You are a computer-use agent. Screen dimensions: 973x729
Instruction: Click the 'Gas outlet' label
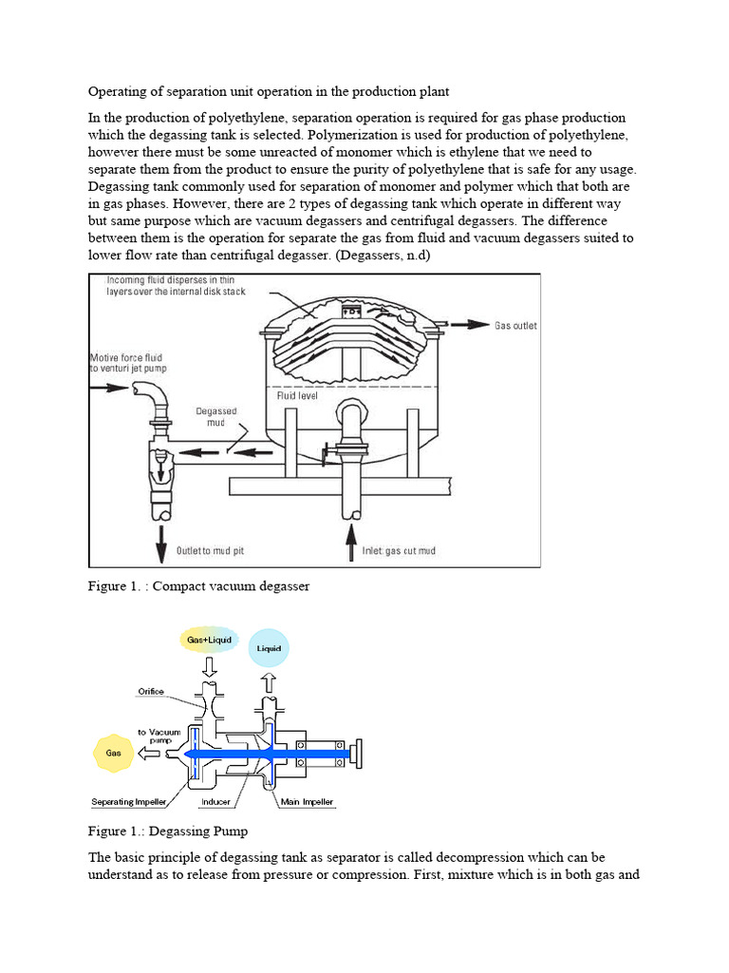[x=515, y=326]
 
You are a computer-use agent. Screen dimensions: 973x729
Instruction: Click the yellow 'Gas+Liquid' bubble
[x=209, y=640]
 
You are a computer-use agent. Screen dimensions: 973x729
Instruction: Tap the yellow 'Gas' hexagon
[x=112, y=752]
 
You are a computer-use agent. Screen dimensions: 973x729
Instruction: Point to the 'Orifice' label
[x=154, y=692]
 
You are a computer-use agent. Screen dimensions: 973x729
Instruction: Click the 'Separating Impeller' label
[x=129, y=802]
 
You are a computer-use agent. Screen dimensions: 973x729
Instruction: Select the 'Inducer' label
[x=216, y=802]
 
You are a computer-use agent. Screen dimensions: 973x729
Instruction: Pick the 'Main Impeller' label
[x=307, y=802]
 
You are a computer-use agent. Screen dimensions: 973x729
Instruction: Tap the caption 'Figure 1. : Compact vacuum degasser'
[x=198, y=586]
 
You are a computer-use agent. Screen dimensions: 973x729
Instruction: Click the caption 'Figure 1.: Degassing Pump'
[x=167, y=831]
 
